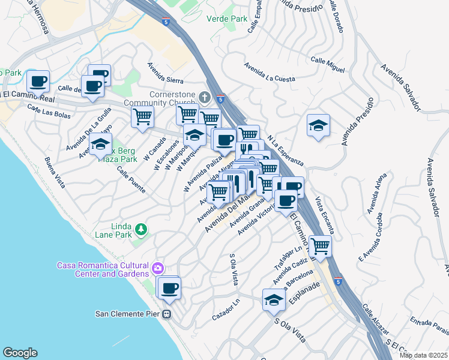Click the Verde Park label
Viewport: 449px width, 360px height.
pos(226,19)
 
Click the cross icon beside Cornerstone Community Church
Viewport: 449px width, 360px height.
pos(205,96)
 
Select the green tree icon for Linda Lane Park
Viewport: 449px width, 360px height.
pos(141,229)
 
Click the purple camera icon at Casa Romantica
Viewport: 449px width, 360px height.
pos(158,268)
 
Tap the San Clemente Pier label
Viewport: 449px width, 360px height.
pos(128,313)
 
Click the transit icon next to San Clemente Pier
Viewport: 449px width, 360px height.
pos(168,313)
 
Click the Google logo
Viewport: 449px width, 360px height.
pos(20,353)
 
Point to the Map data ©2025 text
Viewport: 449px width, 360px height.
pos(423,355)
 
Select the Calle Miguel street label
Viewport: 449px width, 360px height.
pos(328,65)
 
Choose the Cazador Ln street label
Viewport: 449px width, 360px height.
pos(226,312)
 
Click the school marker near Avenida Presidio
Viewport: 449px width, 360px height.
pos(318,125)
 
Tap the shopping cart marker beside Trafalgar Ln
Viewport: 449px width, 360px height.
pos(321,245)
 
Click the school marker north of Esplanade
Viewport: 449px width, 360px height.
pos(274,300)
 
